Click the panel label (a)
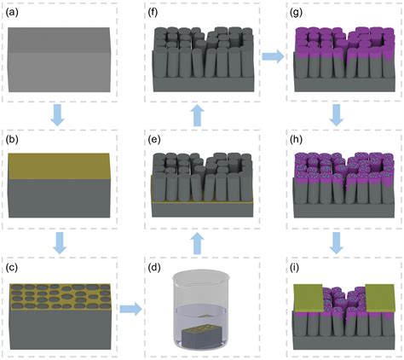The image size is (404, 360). click(x=12, y=13)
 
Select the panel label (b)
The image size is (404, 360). click(x=12, y=140)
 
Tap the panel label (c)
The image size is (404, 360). click(x=12, y=268)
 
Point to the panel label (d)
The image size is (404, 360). click(x=154, y=268)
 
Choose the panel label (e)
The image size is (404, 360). click(x=154, y=140)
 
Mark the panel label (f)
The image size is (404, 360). click(x=153, y=13)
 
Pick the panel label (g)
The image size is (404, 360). click(x=296, y=13)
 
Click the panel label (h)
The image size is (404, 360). click(x=296, y=140)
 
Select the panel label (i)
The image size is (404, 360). click(x=295, y=268)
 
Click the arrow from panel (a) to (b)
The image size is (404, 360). click(x=57, y=115)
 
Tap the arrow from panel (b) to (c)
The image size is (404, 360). click(x=60, y=242)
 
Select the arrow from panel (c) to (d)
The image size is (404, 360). click(x=130, y=309)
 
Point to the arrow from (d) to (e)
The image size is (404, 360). click(x=197, y=244)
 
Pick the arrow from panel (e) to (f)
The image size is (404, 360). click(x=197, y=116)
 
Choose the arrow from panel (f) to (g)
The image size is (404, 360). click(x=273, y=56)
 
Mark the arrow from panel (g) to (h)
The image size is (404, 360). click(x=337, y=115)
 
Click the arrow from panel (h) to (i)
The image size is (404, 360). click(x=337, y=242)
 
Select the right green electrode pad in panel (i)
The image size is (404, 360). click(x=380, y=298)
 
